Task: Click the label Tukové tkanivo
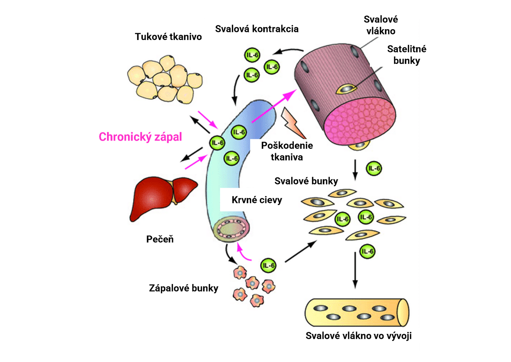[168, 37]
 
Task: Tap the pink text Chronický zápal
[140, 137]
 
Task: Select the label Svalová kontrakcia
[257, 29]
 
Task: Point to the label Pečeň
[160, 239]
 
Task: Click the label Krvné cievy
[257, 200]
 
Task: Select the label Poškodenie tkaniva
[287, 151]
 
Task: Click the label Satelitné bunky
[407, 55]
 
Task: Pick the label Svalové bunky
[306, 181]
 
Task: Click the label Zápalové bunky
[184, 288]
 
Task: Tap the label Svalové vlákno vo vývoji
[358, 336]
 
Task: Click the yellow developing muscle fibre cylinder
[357, 312]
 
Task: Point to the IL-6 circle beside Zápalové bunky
[268, 265]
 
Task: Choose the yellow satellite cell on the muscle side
[346, 88]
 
